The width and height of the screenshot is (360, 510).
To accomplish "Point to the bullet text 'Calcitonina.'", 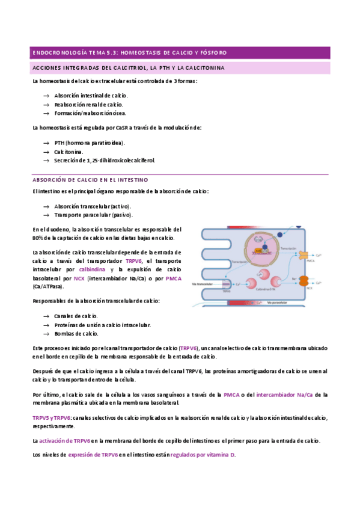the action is tap(69, 152).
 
